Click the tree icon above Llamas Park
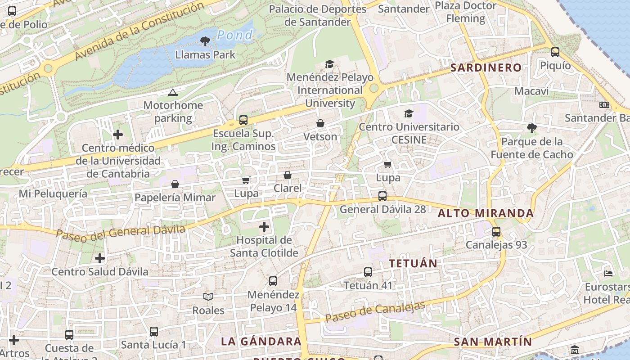pos(205,41)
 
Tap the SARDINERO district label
pos(486,68)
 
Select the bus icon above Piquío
pos(555,52)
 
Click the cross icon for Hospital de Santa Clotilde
pos(264,227)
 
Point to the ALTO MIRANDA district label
pos(486,213)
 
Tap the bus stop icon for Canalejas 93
pos(496,232)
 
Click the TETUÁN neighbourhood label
pos(413,264)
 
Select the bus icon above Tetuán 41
pos(368,272)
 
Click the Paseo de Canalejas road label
pos(375,312)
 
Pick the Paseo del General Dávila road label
pos(121,232)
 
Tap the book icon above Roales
pos(208,297)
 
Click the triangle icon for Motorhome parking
pos(172,93)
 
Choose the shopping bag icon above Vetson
pos(320,123)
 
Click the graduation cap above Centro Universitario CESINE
pos(409,113)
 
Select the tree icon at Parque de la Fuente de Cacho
pos(532,128)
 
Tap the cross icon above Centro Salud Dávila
pos(100,258)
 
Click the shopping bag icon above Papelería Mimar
pos(175,184)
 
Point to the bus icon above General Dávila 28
pos(382,196)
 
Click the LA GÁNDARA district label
pos(261,342)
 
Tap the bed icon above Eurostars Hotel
pos(608,273)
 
